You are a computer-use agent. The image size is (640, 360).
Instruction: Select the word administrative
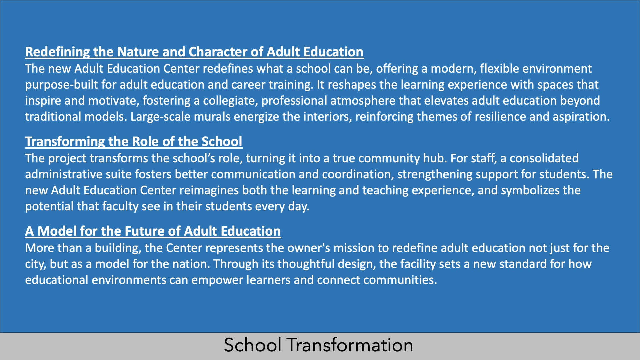[64, 174]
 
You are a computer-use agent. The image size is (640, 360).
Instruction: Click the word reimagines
[209, 190]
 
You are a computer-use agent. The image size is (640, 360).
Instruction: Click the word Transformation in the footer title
[350, 345]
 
